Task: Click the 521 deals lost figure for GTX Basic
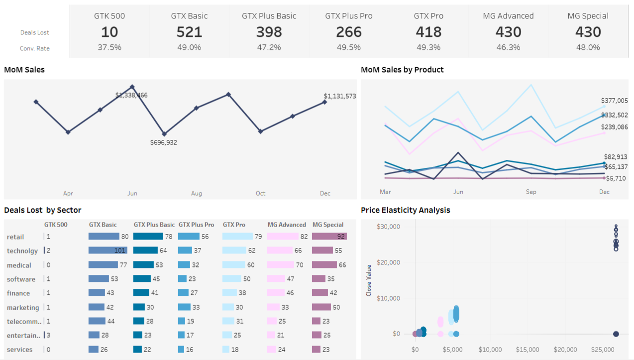[x=189, y=32]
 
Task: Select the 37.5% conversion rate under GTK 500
[x=109, y=47]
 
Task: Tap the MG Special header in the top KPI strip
[x=588, y=16]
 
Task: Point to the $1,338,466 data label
[x=131, y=95]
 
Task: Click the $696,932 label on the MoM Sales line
[x=164, y=142]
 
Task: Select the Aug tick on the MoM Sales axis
[x=197, y=193]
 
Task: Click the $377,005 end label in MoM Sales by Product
[x=614, y=101]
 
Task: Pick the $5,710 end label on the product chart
[x=616, y=178]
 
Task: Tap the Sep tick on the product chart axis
[x=531, y=192]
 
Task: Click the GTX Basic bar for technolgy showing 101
[x=108, y=250]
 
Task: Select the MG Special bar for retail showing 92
[x=329, y=237]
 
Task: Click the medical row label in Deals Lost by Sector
[x=19, y=265]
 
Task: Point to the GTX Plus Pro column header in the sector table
[x=196, y=225]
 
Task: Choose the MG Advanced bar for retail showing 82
[x=283, y=237]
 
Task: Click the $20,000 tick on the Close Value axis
[x=388, y=262]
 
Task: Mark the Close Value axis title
[x=369, y=280]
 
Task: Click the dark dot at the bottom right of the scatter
[x=616, y=334]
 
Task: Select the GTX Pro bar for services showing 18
[x=226, y=350]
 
